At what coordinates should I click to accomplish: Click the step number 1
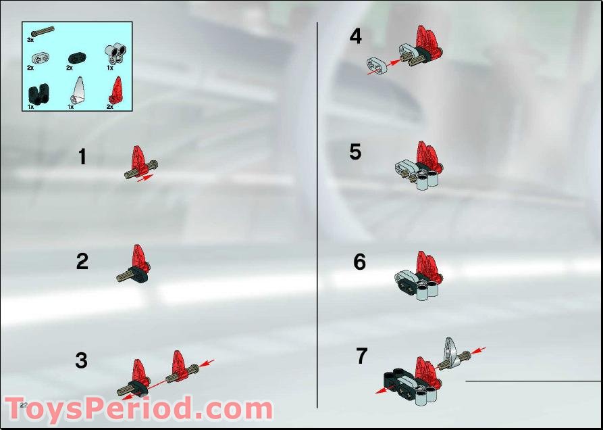pos(82,158)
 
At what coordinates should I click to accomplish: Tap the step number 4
pos(355,37)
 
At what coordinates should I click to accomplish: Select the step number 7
pos(361,356)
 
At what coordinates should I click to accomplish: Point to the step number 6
pos(359,262)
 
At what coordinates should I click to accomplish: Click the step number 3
pos(82,360)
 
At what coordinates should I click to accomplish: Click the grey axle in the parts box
pos(39,31)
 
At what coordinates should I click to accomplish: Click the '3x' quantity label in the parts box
pos(30,41)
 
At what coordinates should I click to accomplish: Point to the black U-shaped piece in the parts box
pos(36,93)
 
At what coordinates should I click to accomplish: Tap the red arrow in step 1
pos(145,178)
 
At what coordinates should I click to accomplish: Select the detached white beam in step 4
pos(375,66)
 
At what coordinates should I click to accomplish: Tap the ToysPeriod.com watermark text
pos(138,410)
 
